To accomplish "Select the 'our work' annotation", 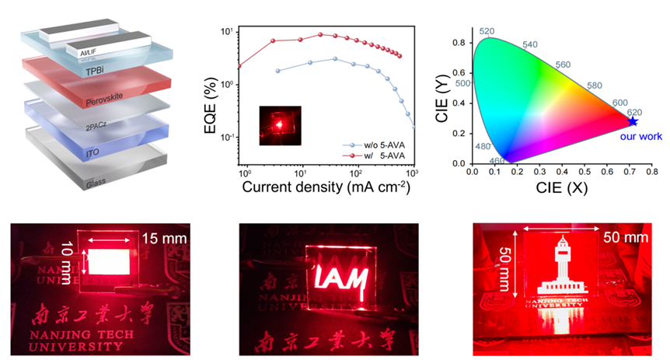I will [640, 136].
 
